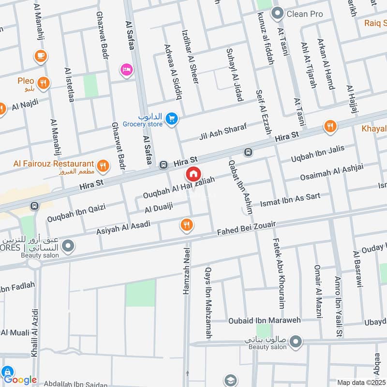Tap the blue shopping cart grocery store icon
tap(171, 118)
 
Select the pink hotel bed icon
tap(127, 70)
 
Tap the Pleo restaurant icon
tap(44, 83)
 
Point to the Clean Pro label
tap(304, 14)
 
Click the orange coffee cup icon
tap(40, 56)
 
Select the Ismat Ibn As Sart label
tap(290, 200)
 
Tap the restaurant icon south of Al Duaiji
tap(187, 224)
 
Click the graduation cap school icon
tap(231, 380)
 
